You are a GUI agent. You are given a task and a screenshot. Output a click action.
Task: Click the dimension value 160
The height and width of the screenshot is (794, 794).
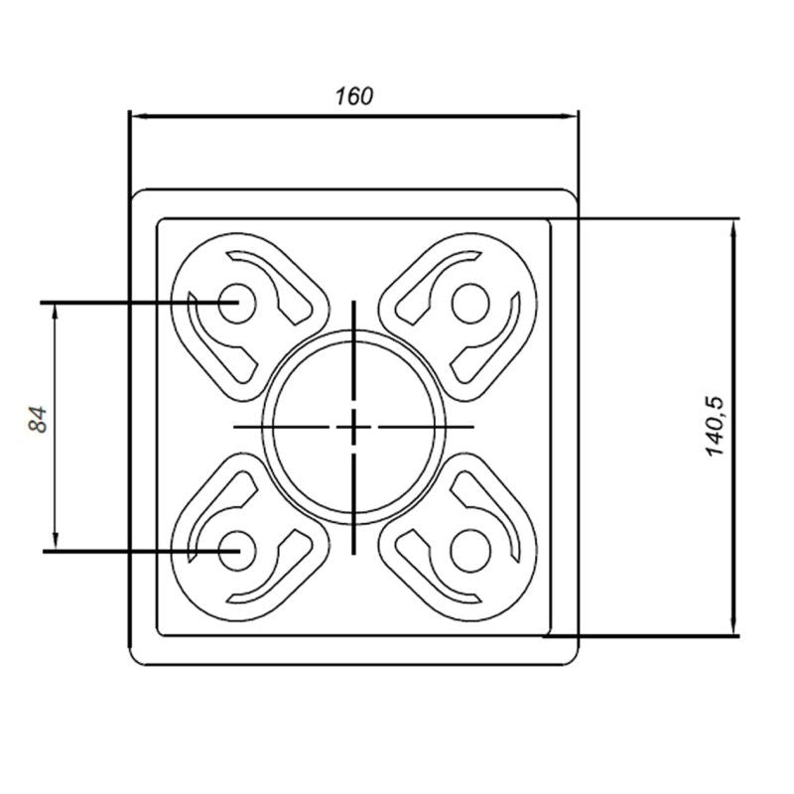tap(353, 96)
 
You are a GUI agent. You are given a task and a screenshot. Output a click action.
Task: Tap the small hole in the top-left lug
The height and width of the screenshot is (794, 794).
tap(235, 300)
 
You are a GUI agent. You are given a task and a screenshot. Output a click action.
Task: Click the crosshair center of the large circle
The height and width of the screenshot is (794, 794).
tap(352, 427)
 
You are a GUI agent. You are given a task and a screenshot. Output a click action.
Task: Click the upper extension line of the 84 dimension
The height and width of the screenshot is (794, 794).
tap(119, 300)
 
